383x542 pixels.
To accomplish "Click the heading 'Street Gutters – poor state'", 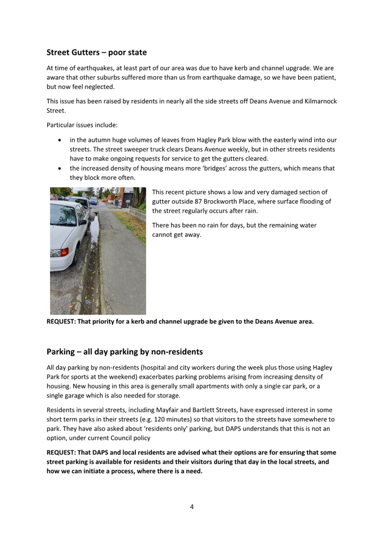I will [x=96, y=53].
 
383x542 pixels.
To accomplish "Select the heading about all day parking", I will [x=124, y=352].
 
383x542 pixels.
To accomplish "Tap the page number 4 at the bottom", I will [x=192, y=507].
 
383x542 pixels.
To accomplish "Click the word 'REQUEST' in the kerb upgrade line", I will [x=63, y=322].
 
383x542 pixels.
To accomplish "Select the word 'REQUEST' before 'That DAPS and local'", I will [x=63, y=453].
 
